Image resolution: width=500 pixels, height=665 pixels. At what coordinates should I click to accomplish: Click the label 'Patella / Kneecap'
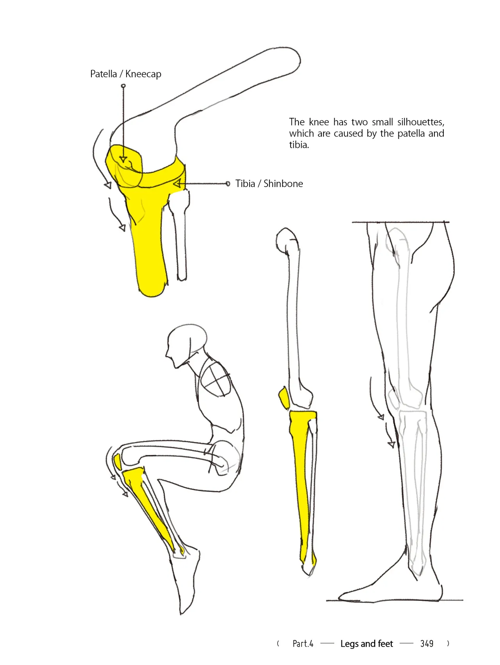click(125, 74)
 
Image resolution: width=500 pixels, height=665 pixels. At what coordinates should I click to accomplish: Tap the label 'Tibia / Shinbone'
click(269, 184)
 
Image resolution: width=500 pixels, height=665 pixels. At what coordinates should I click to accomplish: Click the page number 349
click(427, 644)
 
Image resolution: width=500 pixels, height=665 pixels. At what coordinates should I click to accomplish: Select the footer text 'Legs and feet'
click(366, 644)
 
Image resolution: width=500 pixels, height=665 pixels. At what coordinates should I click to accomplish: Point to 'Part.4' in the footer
click(303, 644)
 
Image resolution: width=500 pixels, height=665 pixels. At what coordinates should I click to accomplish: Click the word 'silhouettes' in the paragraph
click(421, 122)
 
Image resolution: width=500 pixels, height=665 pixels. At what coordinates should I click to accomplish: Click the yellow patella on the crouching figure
click(117, 462)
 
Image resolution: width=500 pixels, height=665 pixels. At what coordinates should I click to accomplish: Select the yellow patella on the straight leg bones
click(284, 398)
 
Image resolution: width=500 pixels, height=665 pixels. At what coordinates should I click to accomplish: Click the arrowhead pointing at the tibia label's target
click(177, 183)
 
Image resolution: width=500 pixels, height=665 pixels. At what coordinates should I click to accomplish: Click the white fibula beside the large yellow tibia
click(180, 234)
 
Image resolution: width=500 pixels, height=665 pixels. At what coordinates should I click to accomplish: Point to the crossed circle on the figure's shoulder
click(216, 379)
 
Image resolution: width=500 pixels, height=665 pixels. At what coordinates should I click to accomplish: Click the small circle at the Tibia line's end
click(228, 184)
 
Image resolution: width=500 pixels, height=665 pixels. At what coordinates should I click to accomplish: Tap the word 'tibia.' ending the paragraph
click(299, 145)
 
